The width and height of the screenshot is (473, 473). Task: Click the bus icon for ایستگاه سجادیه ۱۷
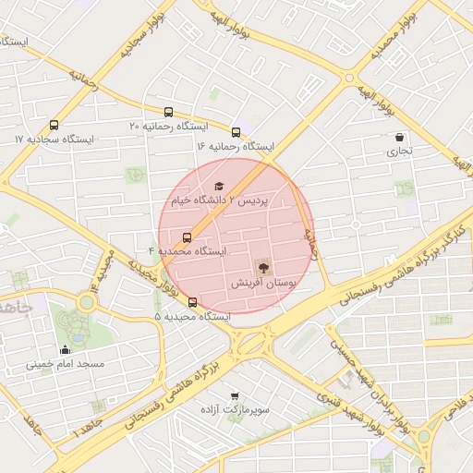(x=54, y=125)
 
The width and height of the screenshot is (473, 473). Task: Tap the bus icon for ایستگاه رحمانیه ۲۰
(x=168, y=112)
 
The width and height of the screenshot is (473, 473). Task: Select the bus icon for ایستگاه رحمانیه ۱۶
(x=236, y=132)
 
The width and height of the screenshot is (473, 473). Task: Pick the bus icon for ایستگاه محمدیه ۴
(x=188, y=236)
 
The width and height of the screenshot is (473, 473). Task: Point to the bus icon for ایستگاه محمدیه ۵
(x=192, y=302)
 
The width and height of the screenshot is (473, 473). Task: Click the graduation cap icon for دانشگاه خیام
(x=219, y=186)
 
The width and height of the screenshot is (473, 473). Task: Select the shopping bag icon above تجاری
(x=398, y=137)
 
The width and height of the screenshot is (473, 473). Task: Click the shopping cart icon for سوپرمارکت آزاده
(x=234, y=394)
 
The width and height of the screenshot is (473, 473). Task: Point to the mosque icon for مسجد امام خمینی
(x=65, y=349)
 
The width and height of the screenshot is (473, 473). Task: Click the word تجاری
(x=398, y=151)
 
